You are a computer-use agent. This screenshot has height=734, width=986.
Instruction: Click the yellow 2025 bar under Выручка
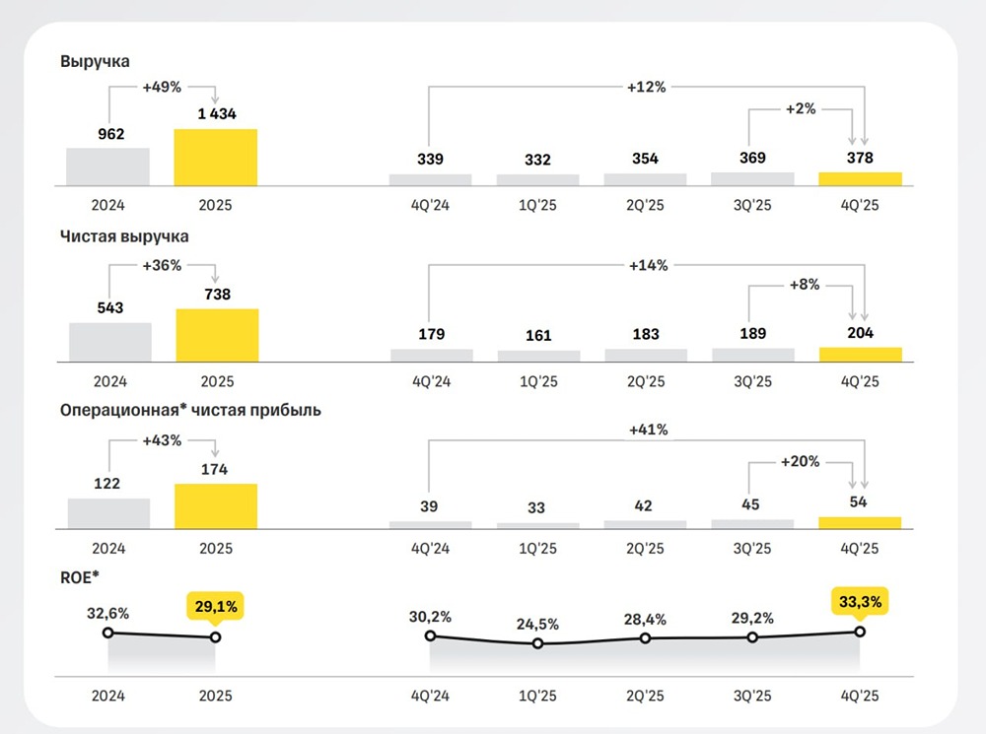coord(215,158)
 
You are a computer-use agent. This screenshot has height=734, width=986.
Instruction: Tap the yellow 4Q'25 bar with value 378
coord(860,178)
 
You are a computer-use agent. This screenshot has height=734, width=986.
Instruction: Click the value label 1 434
coord(215,115)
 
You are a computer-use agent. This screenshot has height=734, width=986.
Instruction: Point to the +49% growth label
coord(162,87)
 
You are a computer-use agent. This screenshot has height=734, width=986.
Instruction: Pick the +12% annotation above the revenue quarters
coord(647,87)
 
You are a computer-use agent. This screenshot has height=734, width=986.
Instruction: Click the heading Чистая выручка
coord(124,236)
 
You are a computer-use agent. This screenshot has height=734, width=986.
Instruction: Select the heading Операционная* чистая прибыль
coord(190,410)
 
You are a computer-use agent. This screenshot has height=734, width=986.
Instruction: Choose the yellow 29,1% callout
coord(215,607)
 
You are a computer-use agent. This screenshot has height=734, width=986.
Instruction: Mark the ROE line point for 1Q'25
coord(537,643)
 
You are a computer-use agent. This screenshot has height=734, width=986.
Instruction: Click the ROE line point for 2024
coord(108,633)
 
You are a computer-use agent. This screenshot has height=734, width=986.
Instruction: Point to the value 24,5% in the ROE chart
coord(537,624)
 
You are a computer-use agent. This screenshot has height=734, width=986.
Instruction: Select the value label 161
coord(537,335)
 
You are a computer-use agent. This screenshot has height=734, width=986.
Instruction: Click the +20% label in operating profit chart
coord(801,461)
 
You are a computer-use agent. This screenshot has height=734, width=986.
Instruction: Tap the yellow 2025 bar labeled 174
coord(215,506)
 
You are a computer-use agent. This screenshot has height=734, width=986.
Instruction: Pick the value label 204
coord(860,333)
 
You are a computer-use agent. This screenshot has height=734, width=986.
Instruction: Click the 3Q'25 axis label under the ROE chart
coord(752,696)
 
